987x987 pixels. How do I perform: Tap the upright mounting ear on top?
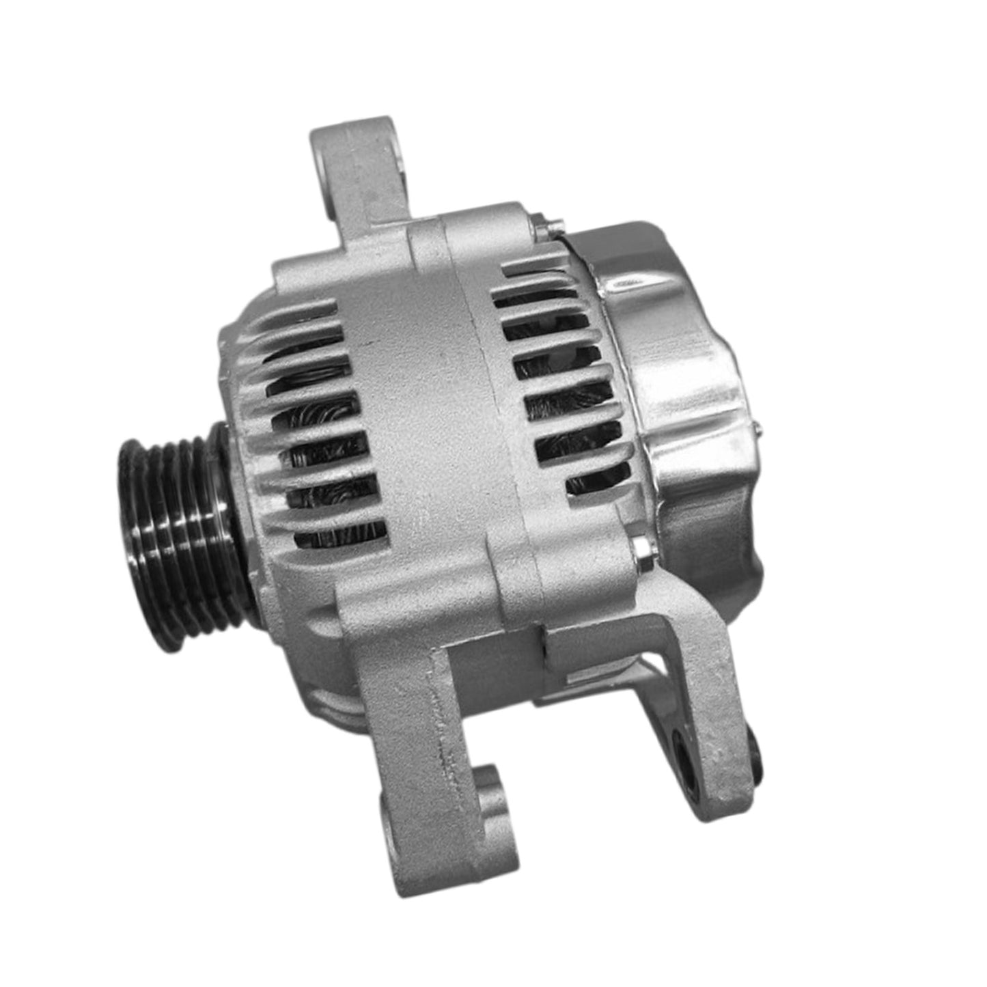[359, 171]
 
